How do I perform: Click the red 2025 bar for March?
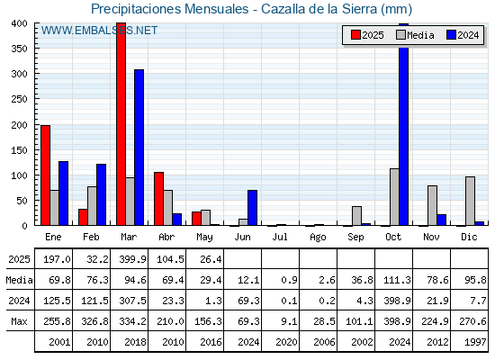click(121, 124)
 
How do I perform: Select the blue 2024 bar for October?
click(404, 124)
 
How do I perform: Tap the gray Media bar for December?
click(470, 201)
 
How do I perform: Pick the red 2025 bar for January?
click(45, 175)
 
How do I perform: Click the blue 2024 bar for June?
click(252, 208)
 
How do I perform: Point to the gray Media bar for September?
click(356, 216)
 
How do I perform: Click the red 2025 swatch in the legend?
click(355, 35)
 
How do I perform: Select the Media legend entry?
click(415, 35)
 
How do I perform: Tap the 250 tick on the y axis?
click(20, 99)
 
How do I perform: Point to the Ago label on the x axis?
click(318, 238)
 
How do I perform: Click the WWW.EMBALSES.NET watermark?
click(99, 31)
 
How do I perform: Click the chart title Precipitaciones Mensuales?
click(170, 9)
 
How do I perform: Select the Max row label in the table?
click(19, 321)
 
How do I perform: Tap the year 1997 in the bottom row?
click(475, 342)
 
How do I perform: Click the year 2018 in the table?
click(135, 342)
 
